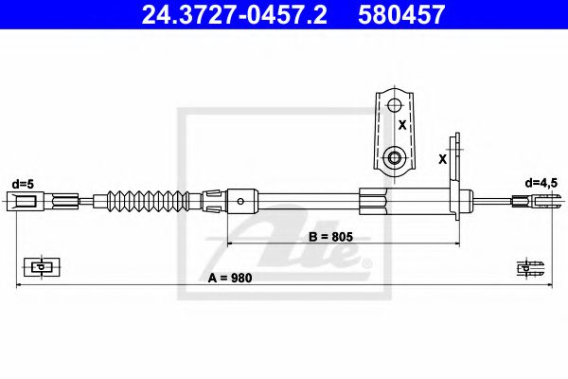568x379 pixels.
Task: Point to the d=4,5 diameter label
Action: point(545,182)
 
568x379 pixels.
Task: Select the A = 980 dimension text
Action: point(225,279)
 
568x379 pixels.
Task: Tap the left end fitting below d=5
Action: point(27,200)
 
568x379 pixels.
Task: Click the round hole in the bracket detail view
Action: point(395,156)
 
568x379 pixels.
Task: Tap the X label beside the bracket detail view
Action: point(402,124)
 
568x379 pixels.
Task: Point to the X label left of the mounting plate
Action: point(443,159)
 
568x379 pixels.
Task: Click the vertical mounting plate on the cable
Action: point(457,180)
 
